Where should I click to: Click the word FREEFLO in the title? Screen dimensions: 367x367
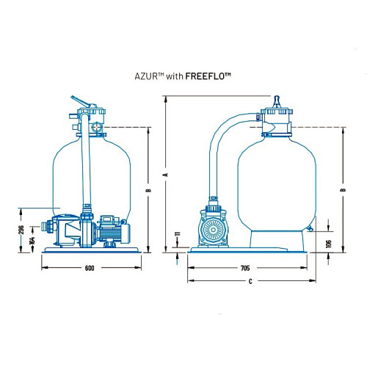point(205,76)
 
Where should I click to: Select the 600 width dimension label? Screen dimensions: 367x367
point(90,268)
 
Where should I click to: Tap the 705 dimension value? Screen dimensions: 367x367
point(245,268)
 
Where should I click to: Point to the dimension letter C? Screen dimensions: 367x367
point(250,281)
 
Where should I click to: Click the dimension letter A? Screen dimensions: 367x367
point(167,175)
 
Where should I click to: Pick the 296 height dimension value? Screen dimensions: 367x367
point(21,230)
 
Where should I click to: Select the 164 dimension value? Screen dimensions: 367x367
point(32,240)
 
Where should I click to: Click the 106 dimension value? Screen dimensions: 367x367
point(329,244)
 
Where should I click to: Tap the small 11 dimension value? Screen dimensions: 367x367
point(178,233)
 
